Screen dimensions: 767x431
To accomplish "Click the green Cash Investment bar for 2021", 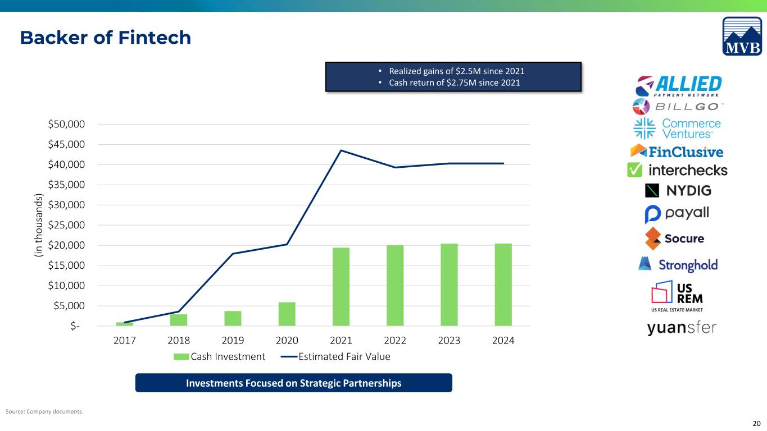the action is pyautogui.click(x=341, y=287).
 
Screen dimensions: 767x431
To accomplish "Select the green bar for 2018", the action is pyautogui.click(x=179, y=320).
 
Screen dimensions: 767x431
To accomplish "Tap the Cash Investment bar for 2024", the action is pyautogui.click(x=503, y=285).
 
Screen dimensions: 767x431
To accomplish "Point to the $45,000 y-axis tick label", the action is pyautogui.click(x=66, y=144).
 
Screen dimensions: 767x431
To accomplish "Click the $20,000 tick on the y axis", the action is pyautogui.click(x=66, y=245).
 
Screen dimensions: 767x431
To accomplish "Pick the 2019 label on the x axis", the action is pyautogui.click(x=233, y=340).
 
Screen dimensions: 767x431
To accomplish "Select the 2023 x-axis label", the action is pyautogui.click(x=450, y=340).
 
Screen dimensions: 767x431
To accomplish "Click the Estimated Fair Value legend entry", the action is pyautogui.click(x=335, y=356).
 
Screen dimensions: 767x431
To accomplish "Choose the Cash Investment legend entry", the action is pyautogui.click(x=220, y=356).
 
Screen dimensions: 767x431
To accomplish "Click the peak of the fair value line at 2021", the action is pyautogui.click(x=341, y=150).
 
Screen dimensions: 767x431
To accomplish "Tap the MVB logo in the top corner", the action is pyautogui.click(x=742, y=36).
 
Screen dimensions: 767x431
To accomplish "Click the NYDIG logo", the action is pyautogui.click(x=678, y=191).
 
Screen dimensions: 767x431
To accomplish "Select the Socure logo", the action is pyautogui.click(x=674, y=239).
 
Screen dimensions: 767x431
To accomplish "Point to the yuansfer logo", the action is pyautogui.click(x=682, y=328).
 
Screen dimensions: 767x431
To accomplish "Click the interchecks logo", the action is pyautogui.click(x=677, y=170).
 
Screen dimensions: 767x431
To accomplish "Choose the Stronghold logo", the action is pyautogui.click(x=678, y=264).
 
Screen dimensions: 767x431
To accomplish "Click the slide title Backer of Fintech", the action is pyautogui.click(x=106, y=37).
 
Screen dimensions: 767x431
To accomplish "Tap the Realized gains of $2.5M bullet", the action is pyautogui.click(x=452, y=71).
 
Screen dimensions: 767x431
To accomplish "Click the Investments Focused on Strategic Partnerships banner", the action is pyautogui.click(x=294, y=383).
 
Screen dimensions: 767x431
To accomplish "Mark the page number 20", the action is pyautogui.click(x=756, y=424).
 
